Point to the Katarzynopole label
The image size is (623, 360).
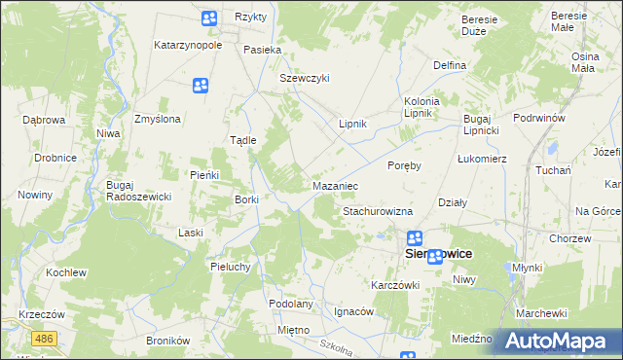coord(189,45)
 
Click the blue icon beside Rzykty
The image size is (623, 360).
coord(209,18)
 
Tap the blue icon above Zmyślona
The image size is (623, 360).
coord(201,87)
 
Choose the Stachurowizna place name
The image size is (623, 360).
coord(378,211)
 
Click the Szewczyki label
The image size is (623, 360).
coord(306,78)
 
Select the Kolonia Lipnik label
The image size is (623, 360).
coord(422,107)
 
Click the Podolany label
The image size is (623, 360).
coord(291,304)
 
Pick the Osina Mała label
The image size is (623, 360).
coord(584,62)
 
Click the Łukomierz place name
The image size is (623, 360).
coord(482,158)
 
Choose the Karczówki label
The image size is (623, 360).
coord(394,285)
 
